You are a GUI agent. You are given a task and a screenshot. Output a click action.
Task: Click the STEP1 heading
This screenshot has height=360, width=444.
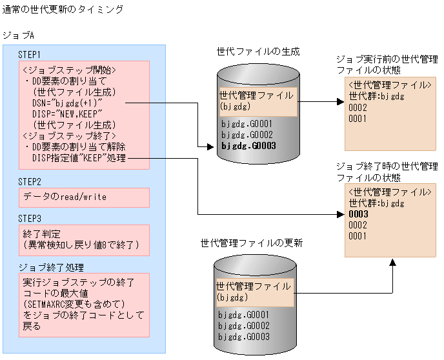[x=30, y=55]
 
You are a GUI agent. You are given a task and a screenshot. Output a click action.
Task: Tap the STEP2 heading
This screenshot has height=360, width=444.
[x=30, y=182]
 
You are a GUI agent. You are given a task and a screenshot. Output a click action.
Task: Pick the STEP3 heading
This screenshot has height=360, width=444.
[x=30, y=219]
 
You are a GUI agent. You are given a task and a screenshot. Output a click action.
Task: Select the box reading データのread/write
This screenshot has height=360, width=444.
[x=65, y=197]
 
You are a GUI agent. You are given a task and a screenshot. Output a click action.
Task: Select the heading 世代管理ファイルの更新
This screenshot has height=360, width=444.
[x=251, y=243]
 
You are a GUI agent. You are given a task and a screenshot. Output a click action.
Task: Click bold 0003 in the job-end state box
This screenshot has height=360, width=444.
[x=358, y=214]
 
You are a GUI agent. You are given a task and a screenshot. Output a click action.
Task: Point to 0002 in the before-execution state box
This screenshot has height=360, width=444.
[x=358, y=108]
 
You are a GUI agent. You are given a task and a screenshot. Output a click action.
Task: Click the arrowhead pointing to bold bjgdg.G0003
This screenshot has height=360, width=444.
[x=209, y=147]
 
